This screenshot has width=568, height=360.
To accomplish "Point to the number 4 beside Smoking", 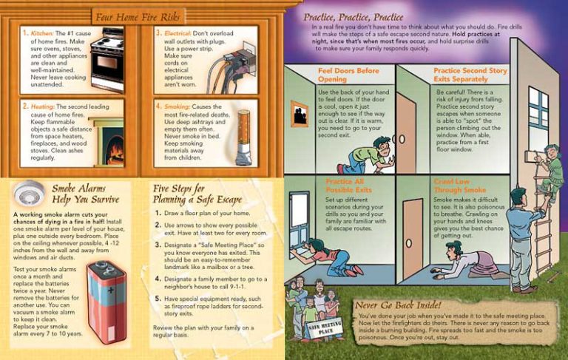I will (159, 106).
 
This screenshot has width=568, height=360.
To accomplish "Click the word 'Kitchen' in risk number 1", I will (41, 34).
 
